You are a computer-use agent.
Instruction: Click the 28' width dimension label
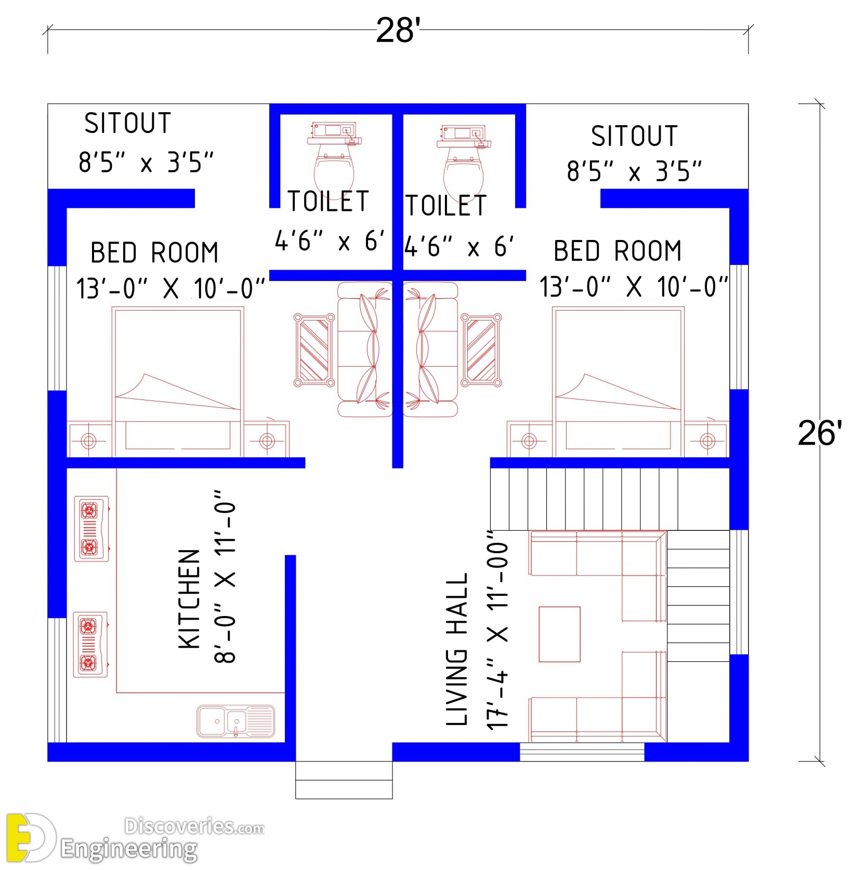point(398,30)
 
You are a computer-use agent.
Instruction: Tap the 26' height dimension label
point(820,433)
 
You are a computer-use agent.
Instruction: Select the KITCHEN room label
point(189,599)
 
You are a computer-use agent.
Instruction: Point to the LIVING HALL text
point(457,649)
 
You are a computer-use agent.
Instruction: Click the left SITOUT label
point(128,123)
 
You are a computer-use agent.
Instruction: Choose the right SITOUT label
point(634,136)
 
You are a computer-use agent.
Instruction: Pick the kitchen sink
point(235,721)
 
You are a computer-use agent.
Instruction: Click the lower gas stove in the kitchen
point(90,645)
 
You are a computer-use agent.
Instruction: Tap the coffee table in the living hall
point(559,634)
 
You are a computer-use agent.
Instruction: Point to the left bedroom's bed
point(178,382)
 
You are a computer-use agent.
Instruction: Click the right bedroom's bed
point(619,382)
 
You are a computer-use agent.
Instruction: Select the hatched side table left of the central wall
point(314,350)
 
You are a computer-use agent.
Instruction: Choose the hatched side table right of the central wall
point(481,350)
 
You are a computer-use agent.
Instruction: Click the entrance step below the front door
point(344,780)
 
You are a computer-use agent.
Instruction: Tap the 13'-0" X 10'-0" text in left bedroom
point(171,288)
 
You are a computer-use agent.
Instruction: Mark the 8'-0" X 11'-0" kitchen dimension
point(226,576)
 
